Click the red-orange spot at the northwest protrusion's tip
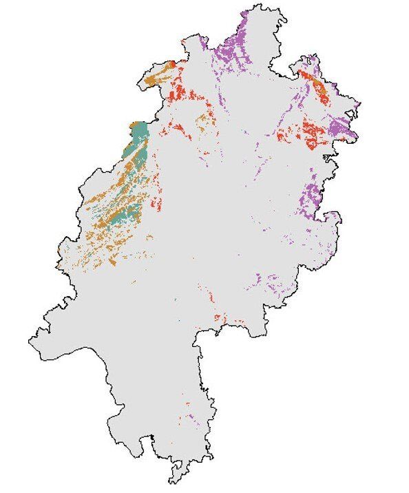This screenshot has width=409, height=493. [172, 63]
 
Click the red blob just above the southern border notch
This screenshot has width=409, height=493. [219, 317]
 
